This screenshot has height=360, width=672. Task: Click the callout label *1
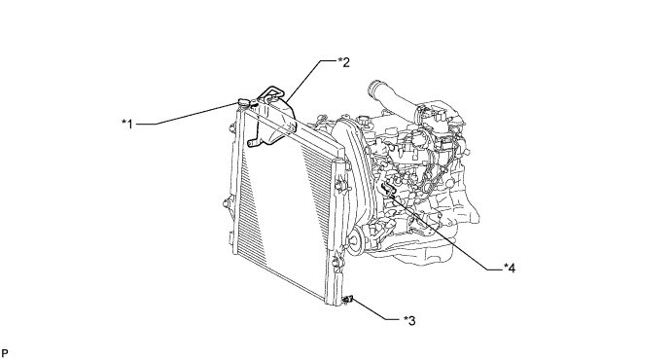pos(127,124)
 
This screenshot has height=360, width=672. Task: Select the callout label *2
pos(343,62)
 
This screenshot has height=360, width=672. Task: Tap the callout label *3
pos(409,320)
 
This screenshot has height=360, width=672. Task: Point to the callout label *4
pos(510,269)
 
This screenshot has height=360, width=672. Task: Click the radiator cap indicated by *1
pos(242,103)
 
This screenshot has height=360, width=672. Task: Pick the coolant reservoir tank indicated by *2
pos(274,120)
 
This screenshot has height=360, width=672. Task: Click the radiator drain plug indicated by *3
pos(348,299)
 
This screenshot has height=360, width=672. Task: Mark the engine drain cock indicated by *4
pos(388,189)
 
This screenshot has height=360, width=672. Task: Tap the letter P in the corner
pos(5,353)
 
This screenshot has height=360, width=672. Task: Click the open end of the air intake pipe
pos(372,89)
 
